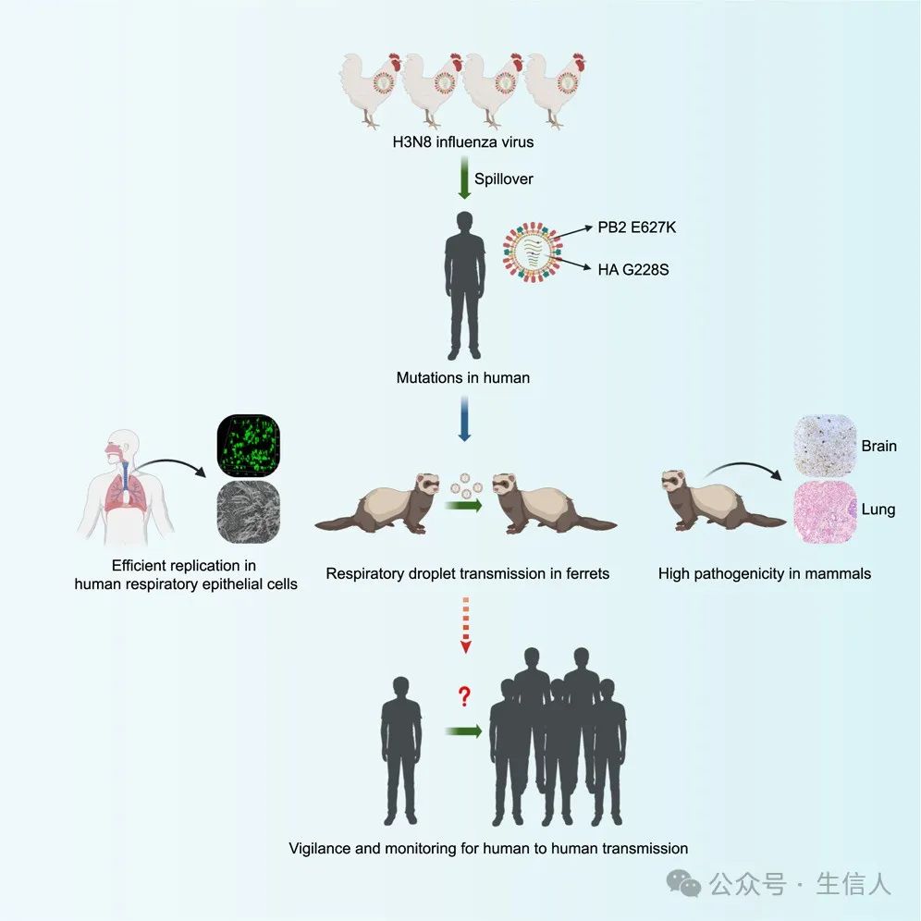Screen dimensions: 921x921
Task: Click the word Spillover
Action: coord(503,178)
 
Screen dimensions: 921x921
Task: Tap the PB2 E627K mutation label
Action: coord(637,227)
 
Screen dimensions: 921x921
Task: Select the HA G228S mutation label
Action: coord(633,270)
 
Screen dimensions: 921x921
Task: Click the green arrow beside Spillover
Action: coord(464,178)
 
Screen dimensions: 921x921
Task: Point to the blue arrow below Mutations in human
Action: coord(464,419)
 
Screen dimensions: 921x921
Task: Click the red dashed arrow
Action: coord(465,625)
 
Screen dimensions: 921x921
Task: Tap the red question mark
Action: coord(464,696)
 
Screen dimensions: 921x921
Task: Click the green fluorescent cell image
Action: coord(249,445)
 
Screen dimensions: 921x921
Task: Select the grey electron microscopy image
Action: coord(249,512)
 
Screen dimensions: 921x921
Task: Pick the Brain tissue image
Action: coord(825,445)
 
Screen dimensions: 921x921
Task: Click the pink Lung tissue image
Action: coord(825,512)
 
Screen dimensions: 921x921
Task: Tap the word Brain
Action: coord(878,446)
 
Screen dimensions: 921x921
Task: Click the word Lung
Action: coord(878,510)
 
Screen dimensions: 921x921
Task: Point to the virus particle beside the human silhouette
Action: coord(532,252)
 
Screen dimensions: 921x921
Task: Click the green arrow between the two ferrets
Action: coord(464,505)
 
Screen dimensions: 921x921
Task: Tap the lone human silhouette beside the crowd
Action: coord(401,751)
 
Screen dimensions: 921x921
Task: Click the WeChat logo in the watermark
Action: coord(683,883)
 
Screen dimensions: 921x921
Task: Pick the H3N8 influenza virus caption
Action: coord(463,142)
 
